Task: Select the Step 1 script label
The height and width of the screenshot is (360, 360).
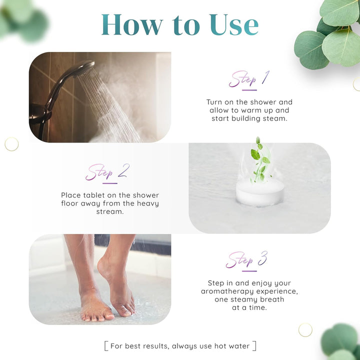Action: [248, 79]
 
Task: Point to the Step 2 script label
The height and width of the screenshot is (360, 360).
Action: [107, 172]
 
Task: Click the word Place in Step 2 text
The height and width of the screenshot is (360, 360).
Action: [71, 195]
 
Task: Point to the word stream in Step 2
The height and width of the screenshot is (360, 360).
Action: [109, 211]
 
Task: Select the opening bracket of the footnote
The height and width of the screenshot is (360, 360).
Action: [106, 345]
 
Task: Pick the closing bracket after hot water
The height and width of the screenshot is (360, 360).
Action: [254, 345]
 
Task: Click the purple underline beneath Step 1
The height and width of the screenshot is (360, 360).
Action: [249, 90]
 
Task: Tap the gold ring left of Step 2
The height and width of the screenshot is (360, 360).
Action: [11, 144]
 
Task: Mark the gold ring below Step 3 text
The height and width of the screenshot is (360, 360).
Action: [305, 329]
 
